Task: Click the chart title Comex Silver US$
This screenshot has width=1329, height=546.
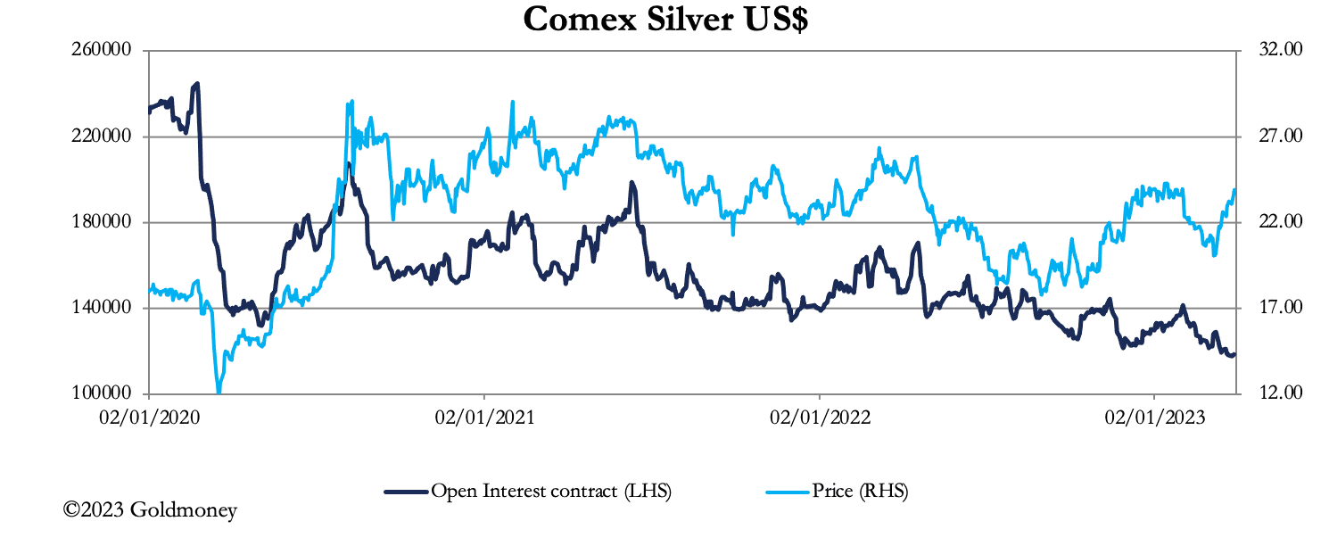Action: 665,20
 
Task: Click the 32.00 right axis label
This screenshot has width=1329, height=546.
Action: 1280,50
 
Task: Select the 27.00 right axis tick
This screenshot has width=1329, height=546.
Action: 1280,136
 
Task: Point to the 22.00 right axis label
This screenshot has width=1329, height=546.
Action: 1280,222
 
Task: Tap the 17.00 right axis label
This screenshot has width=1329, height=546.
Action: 1280,308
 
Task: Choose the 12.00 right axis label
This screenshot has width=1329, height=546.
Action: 1280,393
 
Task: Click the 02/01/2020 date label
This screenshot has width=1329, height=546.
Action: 149,418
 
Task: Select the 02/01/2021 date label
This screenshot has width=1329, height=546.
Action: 484,418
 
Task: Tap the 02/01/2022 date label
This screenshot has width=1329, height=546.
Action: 819,418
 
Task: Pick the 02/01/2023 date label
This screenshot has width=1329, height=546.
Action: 1154,418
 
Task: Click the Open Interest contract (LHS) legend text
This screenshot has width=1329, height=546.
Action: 550,491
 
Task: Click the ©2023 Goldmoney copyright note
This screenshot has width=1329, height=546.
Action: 150,511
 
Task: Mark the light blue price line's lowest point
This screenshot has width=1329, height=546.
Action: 219,391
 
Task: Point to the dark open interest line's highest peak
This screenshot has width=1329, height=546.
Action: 197,84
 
